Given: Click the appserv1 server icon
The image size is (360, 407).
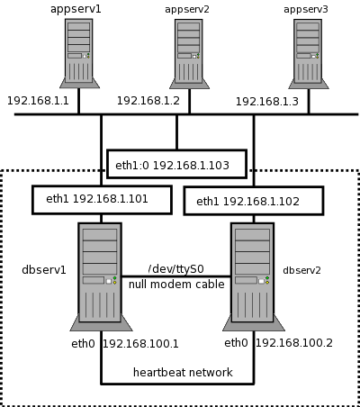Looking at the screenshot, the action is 79,53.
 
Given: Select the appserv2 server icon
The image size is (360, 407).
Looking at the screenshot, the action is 189,54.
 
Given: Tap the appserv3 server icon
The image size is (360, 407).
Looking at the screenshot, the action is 308,54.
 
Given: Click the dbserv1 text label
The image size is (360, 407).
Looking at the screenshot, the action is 44,270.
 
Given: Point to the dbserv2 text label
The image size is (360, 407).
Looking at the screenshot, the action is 301,270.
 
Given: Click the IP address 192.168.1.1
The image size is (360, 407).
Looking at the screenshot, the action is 38,101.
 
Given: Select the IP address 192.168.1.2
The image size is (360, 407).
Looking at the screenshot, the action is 148,101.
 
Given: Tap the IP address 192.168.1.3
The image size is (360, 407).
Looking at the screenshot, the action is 267,102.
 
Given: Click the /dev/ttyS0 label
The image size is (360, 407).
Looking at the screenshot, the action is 176,269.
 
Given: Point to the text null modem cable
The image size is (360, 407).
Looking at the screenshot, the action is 176,284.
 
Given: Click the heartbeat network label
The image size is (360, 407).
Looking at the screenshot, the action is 183,372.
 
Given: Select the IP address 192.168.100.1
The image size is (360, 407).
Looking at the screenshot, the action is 140,344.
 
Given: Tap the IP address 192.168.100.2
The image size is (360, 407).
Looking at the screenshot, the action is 294,343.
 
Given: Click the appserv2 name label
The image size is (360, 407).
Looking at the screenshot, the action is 187,9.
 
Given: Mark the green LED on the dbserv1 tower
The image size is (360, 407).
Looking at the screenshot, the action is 114,278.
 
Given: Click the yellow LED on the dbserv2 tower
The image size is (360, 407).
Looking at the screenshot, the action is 267,283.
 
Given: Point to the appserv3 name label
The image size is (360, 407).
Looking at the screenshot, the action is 306,9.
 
